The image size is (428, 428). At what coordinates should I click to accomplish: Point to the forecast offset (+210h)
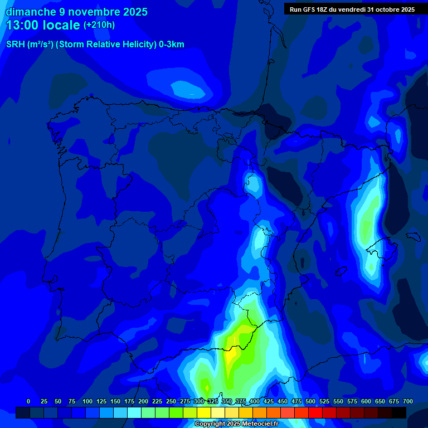pos(99,25)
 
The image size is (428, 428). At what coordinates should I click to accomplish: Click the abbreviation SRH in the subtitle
pos(15,45)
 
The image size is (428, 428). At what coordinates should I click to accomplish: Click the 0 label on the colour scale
pos(28,401)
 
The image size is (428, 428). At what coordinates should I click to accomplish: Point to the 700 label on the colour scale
pos(408,401)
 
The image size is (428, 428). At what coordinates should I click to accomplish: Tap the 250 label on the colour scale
pos(171,401)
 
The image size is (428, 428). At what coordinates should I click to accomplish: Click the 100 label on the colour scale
pos(87,401)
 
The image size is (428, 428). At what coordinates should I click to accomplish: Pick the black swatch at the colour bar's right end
pos(399,413)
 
